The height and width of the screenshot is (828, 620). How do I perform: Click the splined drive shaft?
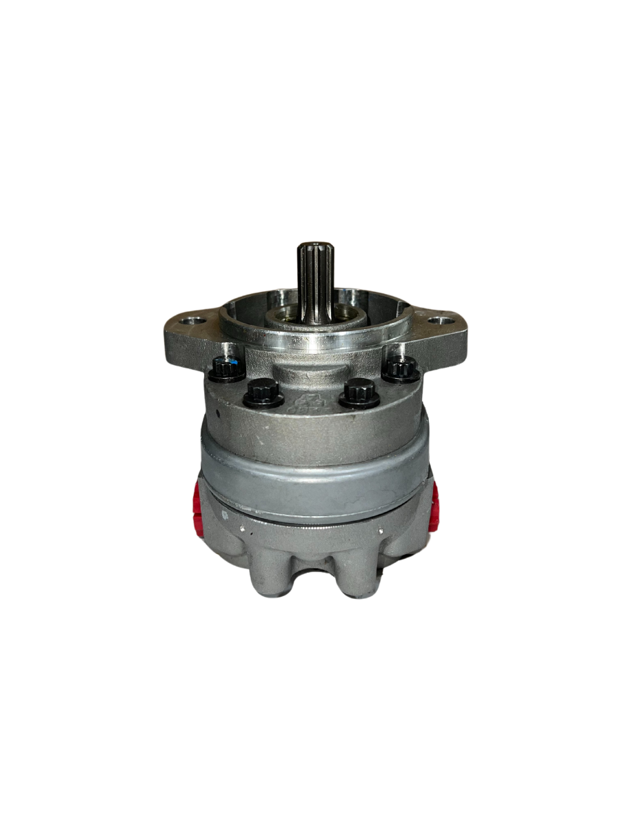(314, 276)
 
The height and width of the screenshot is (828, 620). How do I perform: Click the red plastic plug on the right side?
(433, 507)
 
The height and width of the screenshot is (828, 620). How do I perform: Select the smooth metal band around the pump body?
(314, 483)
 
